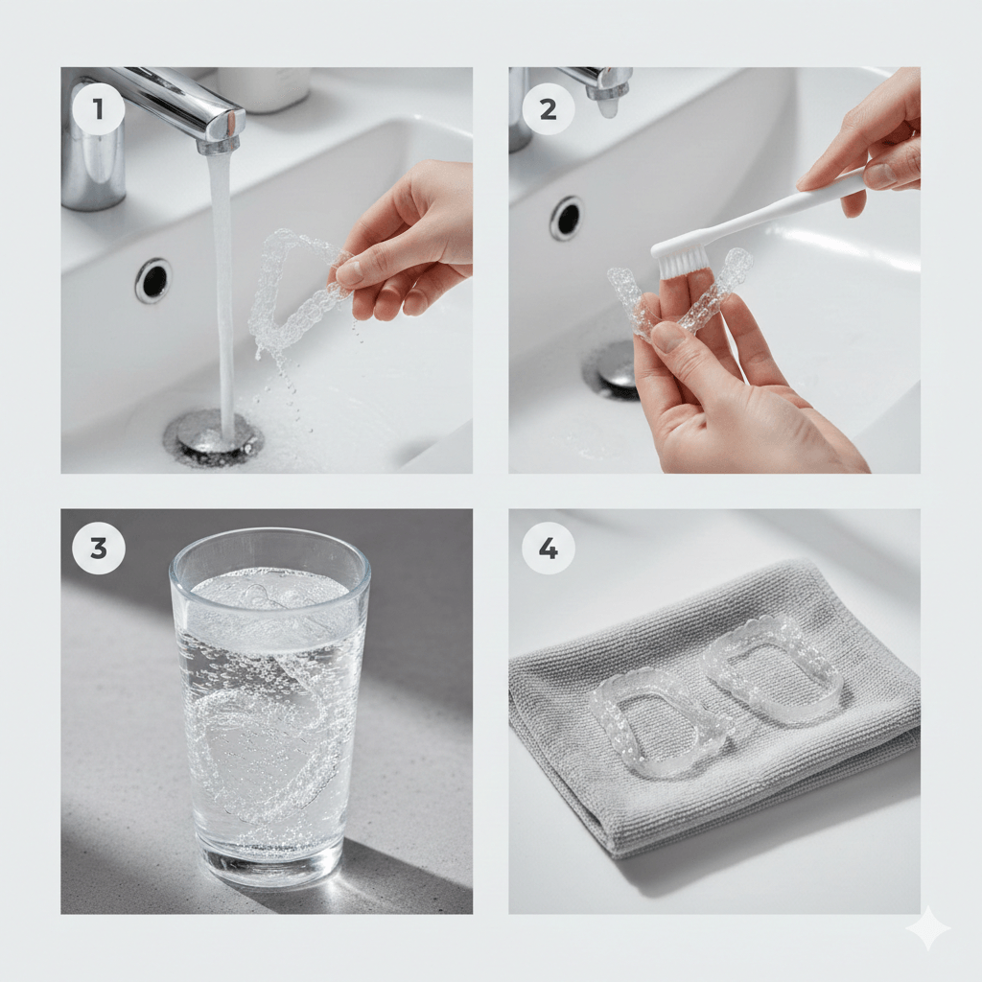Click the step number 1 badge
99,109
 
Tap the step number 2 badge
548,109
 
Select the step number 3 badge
99,548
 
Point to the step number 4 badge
548,548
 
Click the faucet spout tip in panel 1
220,147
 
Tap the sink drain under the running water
211,435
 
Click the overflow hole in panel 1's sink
152,280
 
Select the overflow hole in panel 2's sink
566,218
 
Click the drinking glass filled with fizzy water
269,707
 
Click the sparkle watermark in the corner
928,928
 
